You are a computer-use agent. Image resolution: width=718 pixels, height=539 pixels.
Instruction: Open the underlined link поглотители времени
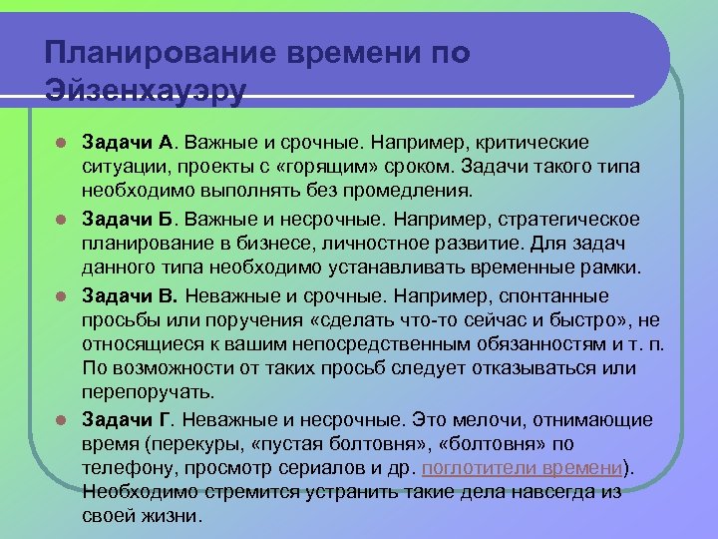coord(523,467)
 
